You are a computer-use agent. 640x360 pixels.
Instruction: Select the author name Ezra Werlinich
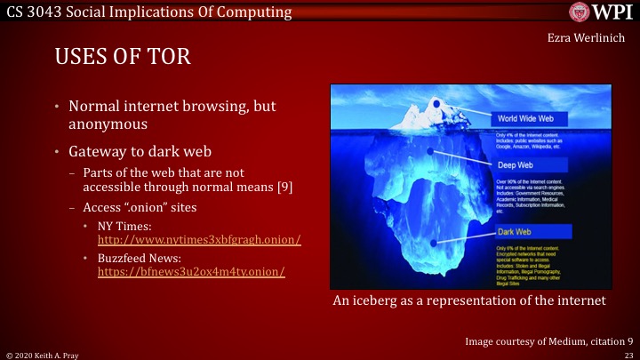[593, 39]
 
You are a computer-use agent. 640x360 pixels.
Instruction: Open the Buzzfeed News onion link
[190, 271]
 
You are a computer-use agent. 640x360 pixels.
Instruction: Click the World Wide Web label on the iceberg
[531, 118]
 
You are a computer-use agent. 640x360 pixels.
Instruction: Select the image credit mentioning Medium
[548, 340]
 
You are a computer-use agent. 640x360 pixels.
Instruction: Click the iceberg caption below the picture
[468, 301]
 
